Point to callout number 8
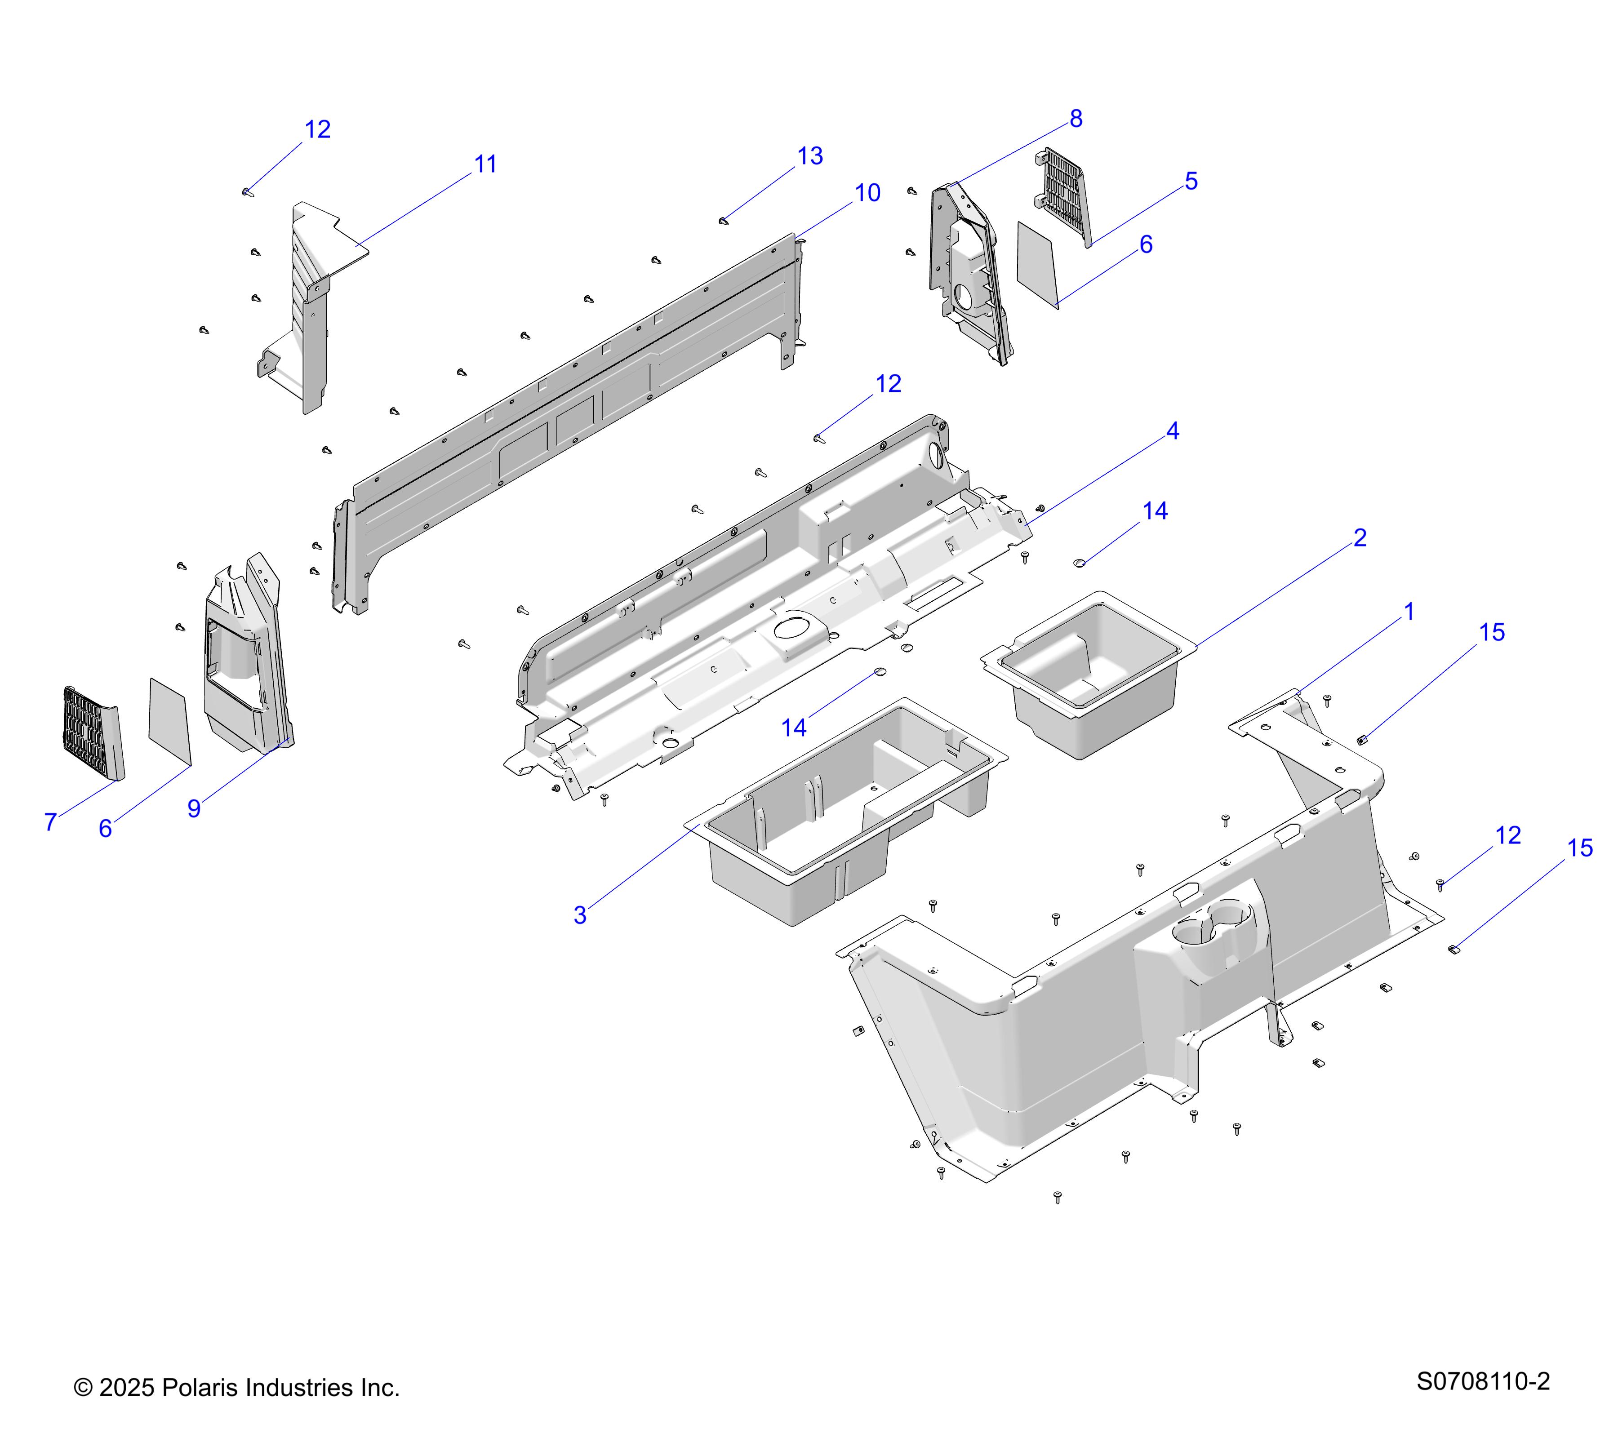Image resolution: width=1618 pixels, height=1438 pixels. pos(1076,119)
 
